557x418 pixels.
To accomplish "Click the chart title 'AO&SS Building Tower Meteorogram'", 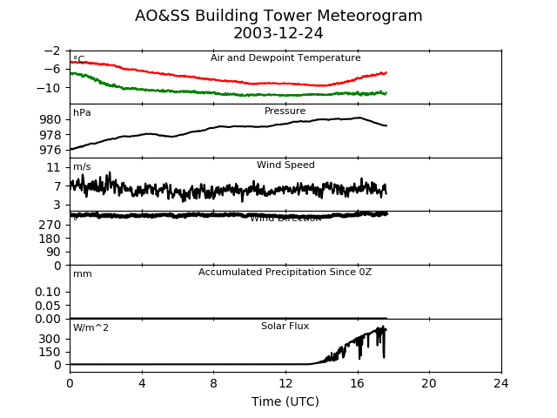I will (278, 16).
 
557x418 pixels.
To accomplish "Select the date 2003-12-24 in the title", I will (278, 33).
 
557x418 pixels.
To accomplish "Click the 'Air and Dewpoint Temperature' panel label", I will (285, 58).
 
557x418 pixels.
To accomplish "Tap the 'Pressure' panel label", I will (285, 111).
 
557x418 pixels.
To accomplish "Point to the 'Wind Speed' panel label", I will (285, 165).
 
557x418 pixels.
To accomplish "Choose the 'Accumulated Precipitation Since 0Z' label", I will (285, 273).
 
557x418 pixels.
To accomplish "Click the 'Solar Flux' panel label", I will (285, 327).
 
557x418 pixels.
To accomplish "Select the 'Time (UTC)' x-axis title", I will (285, 401).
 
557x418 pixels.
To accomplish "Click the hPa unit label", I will (82, 113).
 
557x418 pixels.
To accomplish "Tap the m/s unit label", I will (82, 167).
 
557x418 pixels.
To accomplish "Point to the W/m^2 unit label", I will (91, 328).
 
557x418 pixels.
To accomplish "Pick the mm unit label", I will (82, 274).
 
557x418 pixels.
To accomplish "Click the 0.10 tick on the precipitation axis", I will (48, 292).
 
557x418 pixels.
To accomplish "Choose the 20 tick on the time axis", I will (429, 383).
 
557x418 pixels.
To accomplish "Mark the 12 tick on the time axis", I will (285, 383).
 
